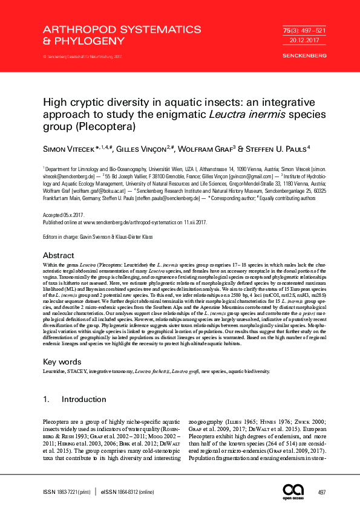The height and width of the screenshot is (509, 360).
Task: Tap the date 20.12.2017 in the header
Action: [296, 40]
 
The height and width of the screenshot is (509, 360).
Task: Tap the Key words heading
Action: [62, 361]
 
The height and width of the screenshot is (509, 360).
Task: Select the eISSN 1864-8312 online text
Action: [128, 492]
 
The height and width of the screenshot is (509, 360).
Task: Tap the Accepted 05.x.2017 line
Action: [64, 215]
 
